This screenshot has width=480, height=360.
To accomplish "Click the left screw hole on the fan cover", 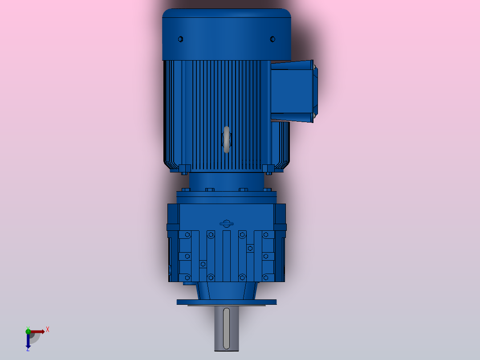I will [180, 39].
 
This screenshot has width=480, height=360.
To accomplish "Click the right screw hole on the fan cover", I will [273, 39].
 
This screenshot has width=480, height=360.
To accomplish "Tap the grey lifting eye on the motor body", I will [227, 139].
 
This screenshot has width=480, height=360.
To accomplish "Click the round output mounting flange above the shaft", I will [227, 302].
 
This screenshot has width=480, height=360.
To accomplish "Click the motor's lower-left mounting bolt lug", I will [185, 169].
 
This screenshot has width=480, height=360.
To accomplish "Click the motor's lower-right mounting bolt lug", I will [268, 169].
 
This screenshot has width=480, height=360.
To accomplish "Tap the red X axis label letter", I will [48, 330].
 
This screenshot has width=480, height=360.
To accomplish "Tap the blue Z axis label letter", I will [28, 349].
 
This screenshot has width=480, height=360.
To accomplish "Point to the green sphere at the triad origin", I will [28, 331].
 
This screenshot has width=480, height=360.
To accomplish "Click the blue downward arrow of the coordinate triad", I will [28, 341].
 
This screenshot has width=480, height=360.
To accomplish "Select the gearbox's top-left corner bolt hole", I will [188, 234].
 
